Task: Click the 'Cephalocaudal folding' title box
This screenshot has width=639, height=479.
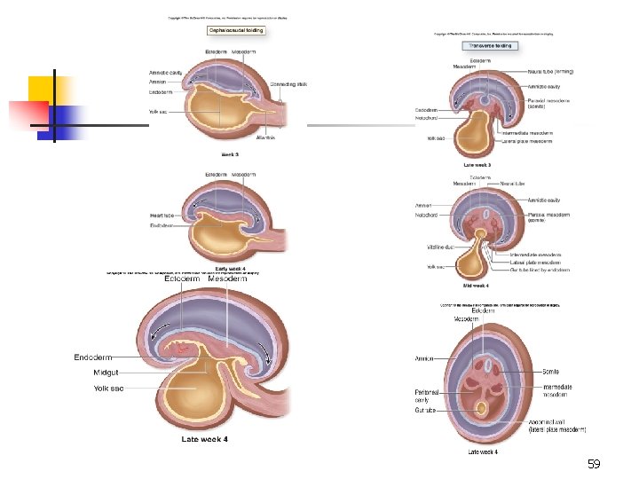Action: point(235,29)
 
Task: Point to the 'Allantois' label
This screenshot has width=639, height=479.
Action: point(266,137)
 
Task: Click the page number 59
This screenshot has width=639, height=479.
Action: point(594,464)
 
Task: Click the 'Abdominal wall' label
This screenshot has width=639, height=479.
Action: point(555,424)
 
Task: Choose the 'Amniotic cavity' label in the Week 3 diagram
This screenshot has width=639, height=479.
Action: point(166,72)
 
